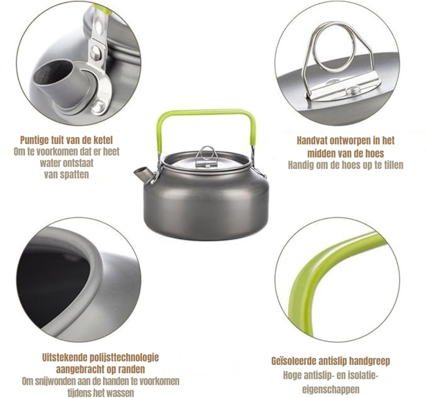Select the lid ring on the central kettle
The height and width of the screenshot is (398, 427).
pyautogui.click(x=207, y=153)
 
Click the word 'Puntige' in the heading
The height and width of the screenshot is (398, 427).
pyautogui.click(x=34, y=140)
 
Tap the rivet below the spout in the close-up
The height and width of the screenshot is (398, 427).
pyautogui.click(x=98, y=107)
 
